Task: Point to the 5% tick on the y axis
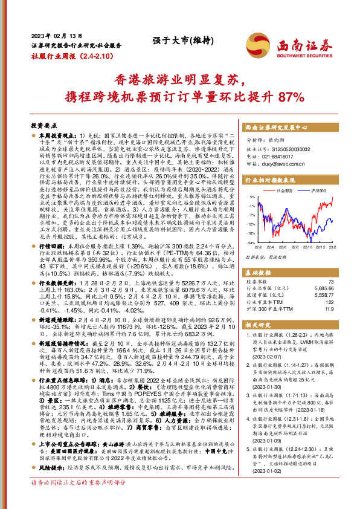tap(251, 198)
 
